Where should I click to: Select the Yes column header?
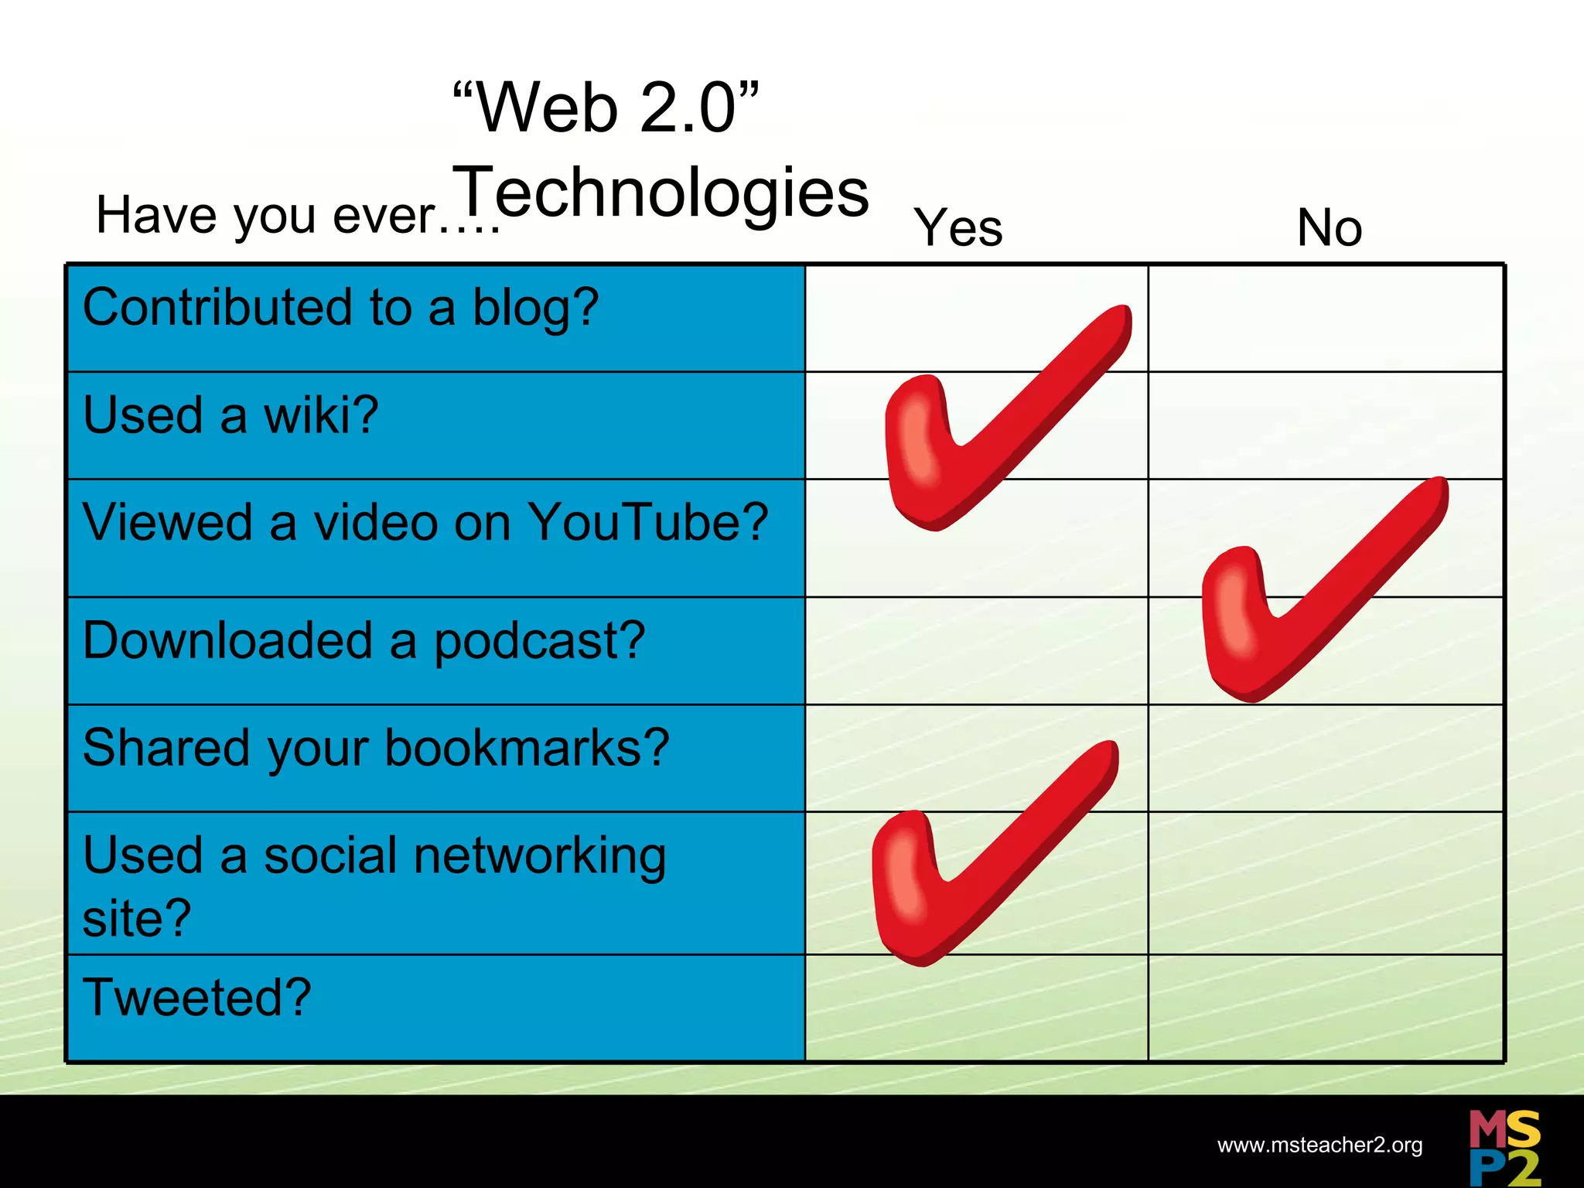pyautogui.click(x=958, y=228)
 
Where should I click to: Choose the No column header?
pyautogui.click(x=1329, y=228)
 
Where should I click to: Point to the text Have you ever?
pyautogui.click(x=297, y=216)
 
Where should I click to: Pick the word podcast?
pyautogui.click(x=539, y=641)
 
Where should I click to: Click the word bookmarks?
pyautogui.click(x=527, y=749)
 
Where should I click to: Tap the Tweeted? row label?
pyautogui.click(x=197, y=997)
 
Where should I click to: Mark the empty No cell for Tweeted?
pyautogui.click(x=1326, y=1007)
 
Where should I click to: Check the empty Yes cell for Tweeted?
pyautogui.click(x=976, y=1007)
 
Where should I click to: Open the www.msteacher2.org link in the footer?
pyautogui.click(x=1319, y=1145)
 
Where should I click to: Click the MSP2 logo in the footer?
pyautogui.click(x=1504, y=1147)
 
